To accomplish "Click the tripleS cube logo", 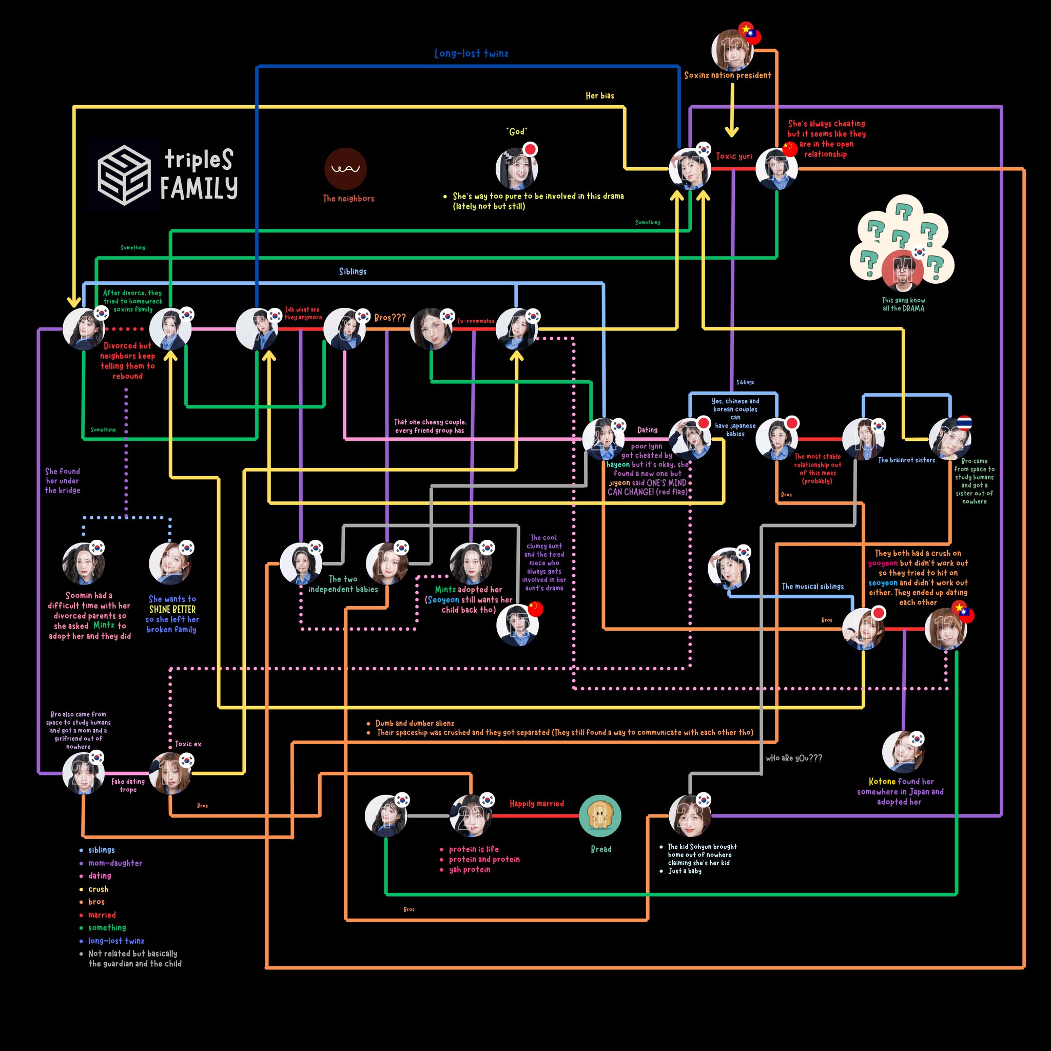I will click(124, 174).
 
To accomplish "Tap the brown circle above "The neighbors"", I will click(345, 169).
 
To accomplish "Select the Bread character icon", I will click(600, 815).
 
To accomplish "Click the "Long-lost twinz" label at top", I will click(471, 53).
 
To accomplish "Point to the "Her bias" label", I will click(599, 96).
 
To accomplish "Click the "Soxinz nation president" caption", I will click(727, 75).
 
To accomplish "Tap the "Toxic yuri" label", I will click(734, 156).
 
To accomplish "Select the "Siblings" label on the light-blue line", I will click(353, 271).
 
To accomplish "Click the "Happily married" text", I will click(536, 804).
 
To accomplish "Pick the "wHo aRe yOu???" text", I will click(794, 758).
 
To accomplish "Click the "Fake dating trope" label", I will click(128, 785).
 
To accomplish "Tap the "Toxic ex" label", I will click(188, 744).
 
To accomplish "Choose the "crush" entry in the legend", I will click(99, 889).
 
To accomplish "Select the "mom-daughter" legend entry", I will click(115, 863).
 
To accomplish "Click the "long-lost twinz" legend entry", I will click(116, 941).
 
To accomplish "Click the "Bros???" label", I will click(390, 318).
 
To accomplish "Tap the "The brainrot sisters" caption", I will click(906, 460).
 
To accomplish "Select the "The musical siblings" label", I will click(813, 587).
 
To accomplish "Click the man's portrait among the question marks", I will click(903, 270).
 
